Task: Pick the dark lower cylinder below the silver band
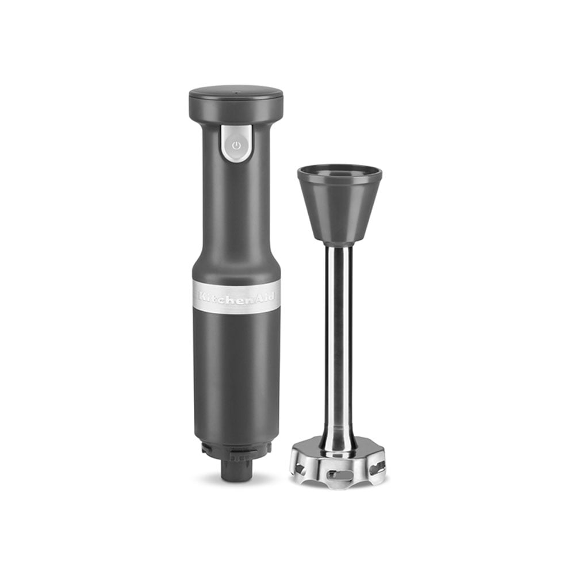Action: (236, 374)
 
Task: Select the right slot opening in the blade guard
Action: (376, 467)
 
